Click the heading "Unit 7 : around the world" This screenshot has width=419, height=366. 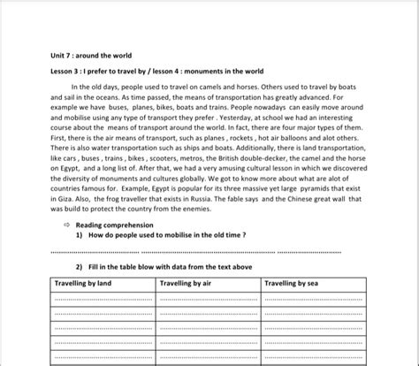(x=91, y=55)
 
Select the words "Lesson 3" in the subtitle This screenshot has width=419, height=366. (x=67, y=72)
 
